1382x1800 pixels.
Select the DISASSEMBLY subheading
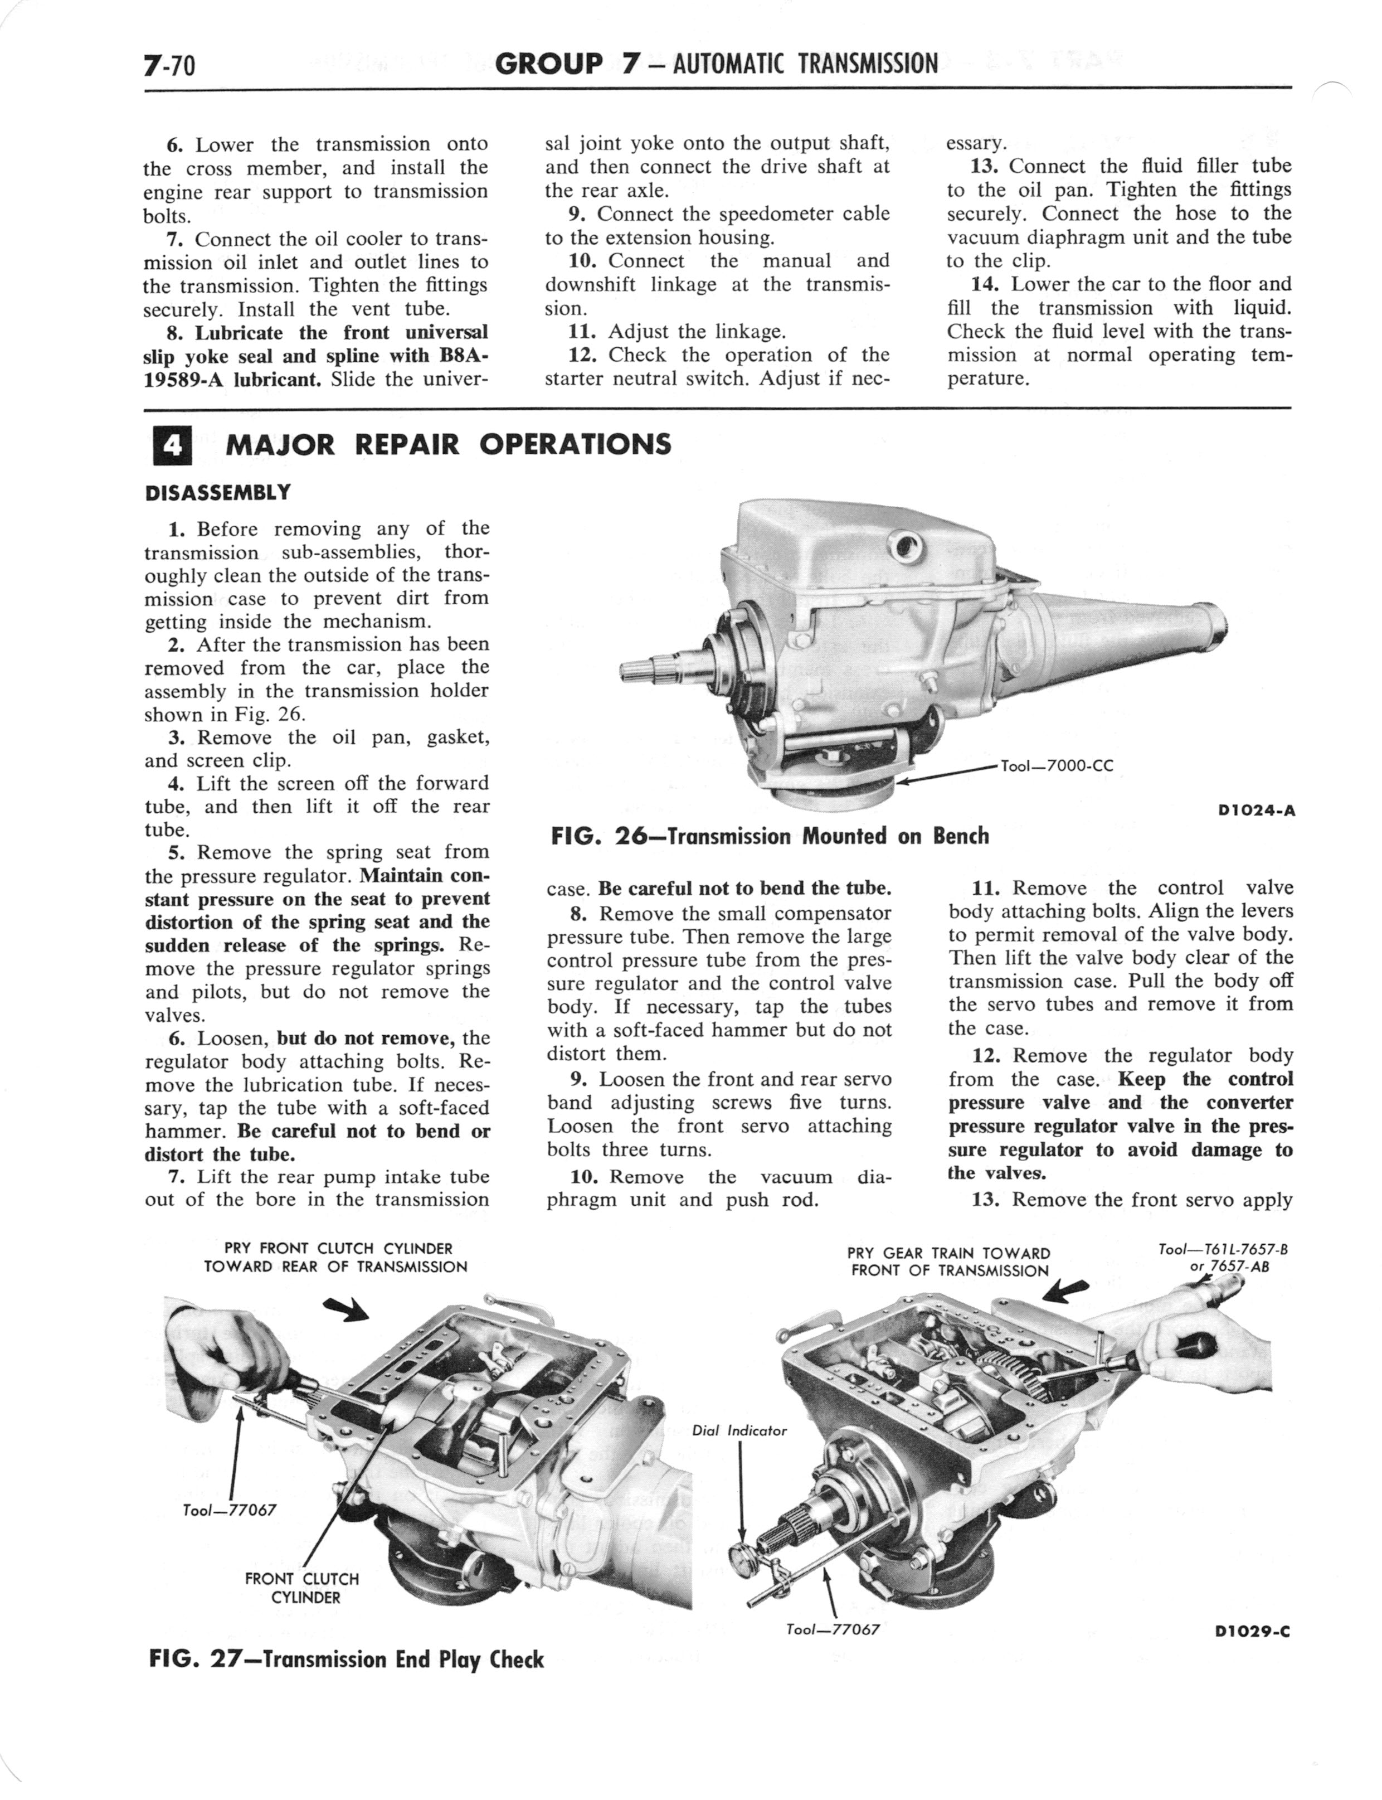(x=218, y=493)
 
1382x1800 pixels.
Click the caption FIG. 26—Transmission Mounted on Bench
(x=769, y=837)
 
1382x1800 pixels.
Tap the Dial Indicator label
(x=739, y=1430)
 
